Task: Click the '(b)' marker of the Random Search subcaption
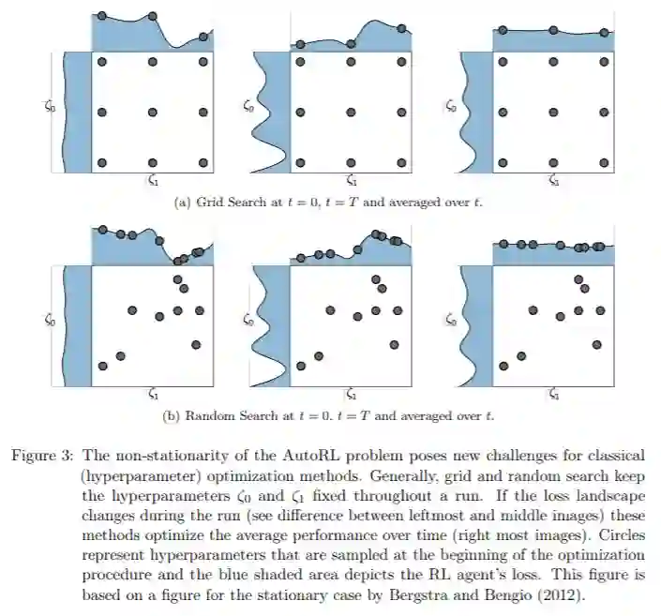(173, 414)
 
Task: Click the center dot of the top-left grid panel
(154, 112)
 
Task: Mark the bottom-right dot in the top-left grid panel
(203, 162)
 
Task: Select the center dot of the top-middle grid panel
(351, 112)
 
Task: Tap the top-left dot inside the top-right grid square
(503, 62)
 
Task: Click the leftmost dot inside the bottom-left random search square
(103, 366)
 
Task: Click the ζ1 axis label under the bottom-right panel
(553, 394)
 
